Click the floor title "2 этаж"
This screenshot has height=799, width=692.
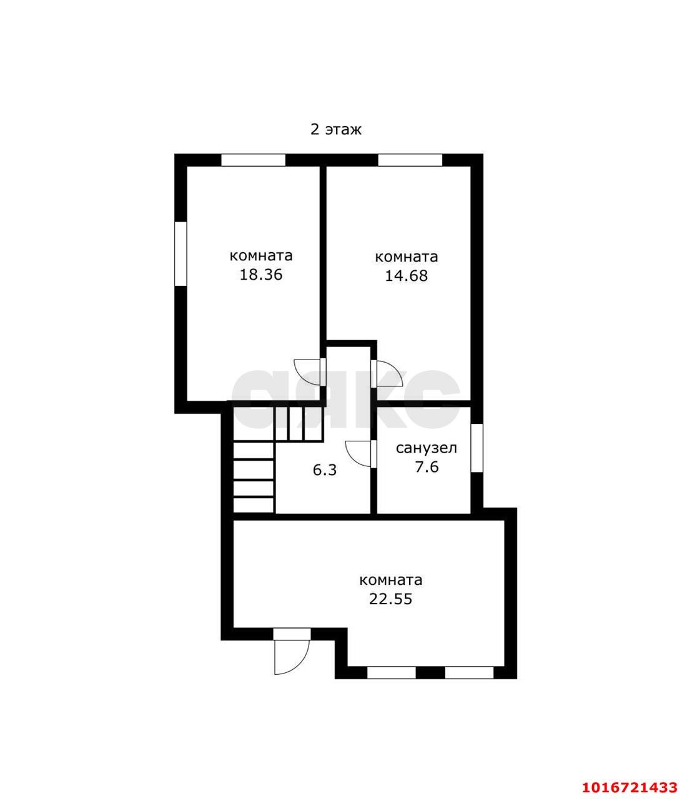[x=336, y=129]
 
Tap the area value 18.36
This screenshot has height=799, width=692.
[x=261, y=275]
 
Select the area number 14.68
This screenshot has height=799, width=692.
[x=406, y=276]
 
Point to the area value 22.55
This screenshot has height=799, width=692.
[x=391, y=599]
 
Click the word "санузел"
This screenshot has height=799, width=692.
[x=427, y=448]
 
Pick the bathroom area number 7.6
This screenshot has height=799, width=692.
[x=427, y=467]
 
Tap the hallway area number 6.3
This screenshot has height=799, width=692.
[x=325, y=471]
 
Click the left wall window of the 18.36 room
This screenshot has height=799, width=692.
[x=180, y=253]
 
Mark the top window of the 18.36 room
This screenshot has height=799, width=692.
[x=254, y=160]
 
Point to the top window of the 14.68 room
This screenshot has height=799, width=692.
[x=410, y=160]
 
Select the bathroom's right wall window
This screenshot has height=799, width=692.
[x=477, y=448]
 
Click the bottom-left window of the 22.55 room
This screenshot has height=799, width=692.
[x=392, y=673]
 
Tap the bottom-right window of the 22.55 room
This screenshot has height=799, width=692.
[x=470, y=673]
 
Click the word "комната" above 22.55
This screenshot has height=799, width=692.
[x=391, y=581]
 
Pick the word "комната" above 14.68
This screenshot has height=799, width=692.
[x=406, y=257]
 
